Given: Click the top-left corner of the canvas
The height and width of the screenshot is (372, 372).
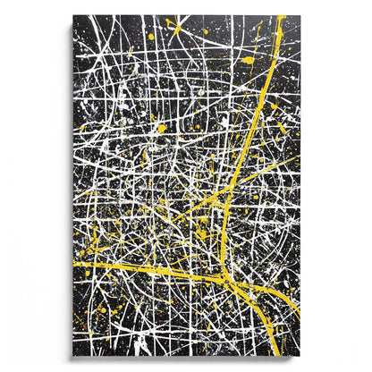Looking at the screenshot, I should (x=73, y=15).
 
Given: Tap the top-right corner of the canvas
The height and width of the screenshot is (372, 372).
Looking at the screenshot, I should (x=300, y=15).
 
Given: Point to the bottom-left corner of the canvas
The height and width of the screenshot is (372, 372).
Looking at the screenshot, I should (x=73, y=355).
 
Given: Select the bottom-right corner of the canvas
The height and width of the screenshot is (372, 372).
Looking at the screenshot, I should (x=300, y=355).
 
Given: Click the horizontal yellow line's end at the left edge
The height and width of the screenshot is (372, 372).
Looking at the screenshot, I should (x=75, y=264).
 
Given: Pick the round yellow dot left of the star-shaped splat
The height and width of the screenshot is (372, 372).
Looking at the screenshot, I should (x=151, y=37).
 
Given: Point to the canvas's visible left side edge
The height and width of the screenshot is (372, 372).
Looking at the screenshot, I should (x=71, y=179).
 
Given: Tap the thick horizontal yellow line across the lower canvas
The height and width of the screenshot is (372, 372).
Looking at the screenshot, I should (x=143, y=268).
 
